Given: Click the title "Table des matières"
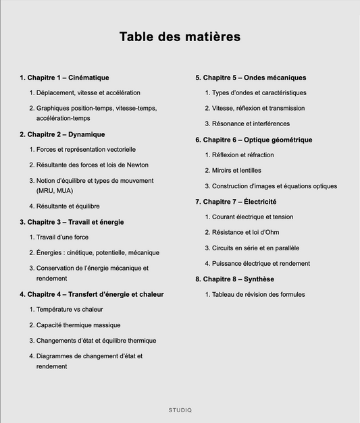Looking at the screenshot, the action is (x=180, y=36).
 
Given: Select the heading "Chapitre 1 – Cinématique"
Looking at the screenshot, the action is (x=68, y=78).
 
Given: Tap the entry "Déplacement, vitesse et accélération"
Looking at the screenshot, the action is (x=88, y=92).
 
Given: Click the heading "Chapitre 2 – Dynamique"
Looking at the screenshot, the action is (x=66, y=134).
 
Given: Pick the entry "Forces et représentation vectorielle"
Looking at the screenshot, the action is (x=86, y=149).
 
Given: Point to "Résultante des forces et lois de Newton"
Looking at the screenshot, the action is (x=92, y=165).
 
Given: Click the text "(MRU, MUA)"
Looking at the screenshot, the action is (x=55, y=191).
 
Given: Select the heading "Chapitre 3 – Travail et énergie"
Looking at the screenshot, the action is (x=76, y=222).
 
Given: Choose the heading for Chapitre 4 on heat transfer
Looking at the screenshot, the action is (x=95, y=294).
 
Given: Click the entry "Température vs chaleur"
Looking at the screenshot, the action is (x=70, y=309).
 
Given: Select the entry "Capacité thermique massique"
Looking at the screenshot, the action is (x=78, y=325).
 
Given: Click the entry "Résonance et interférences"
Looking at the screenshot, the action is (x=251, y=123).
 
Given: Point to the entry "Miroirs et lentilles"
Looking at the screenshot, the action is (x=236, y=170).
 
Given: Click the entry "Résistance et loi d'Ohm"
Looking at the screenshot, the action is (x=247, y=232).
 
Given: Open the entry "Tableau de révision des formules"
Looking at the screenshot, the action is (x=258, y=294).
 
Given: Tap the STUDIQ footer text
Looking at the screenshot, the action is (x=180, y=410).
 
